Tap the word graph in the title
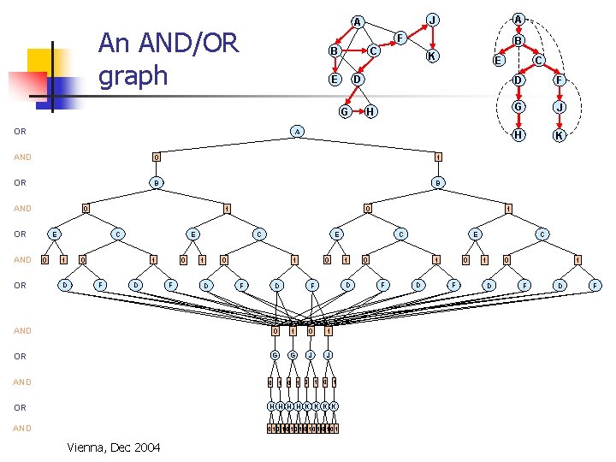[133, 75]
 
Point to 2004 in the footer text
[145, 447]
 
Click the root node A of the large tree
[296, 132]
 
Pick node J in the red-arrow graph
[433, 19]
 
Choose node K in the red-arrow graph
[433, 56]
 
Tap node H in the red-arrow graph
[370, 112]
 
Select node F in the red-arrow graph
[400, 37]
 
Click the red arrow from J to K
[433, 38]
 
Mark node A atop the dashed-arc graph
[518, 18]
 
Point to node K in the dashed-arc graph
[558, 136]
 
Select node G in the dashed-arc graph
[518, 107]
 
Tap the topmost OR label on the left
[20, 132]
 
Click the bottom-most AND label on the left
[22, 428]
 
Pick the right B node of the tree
[436, 182]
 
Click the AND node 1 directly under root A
[437, 157]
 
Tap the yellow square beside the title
[43, 62]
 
